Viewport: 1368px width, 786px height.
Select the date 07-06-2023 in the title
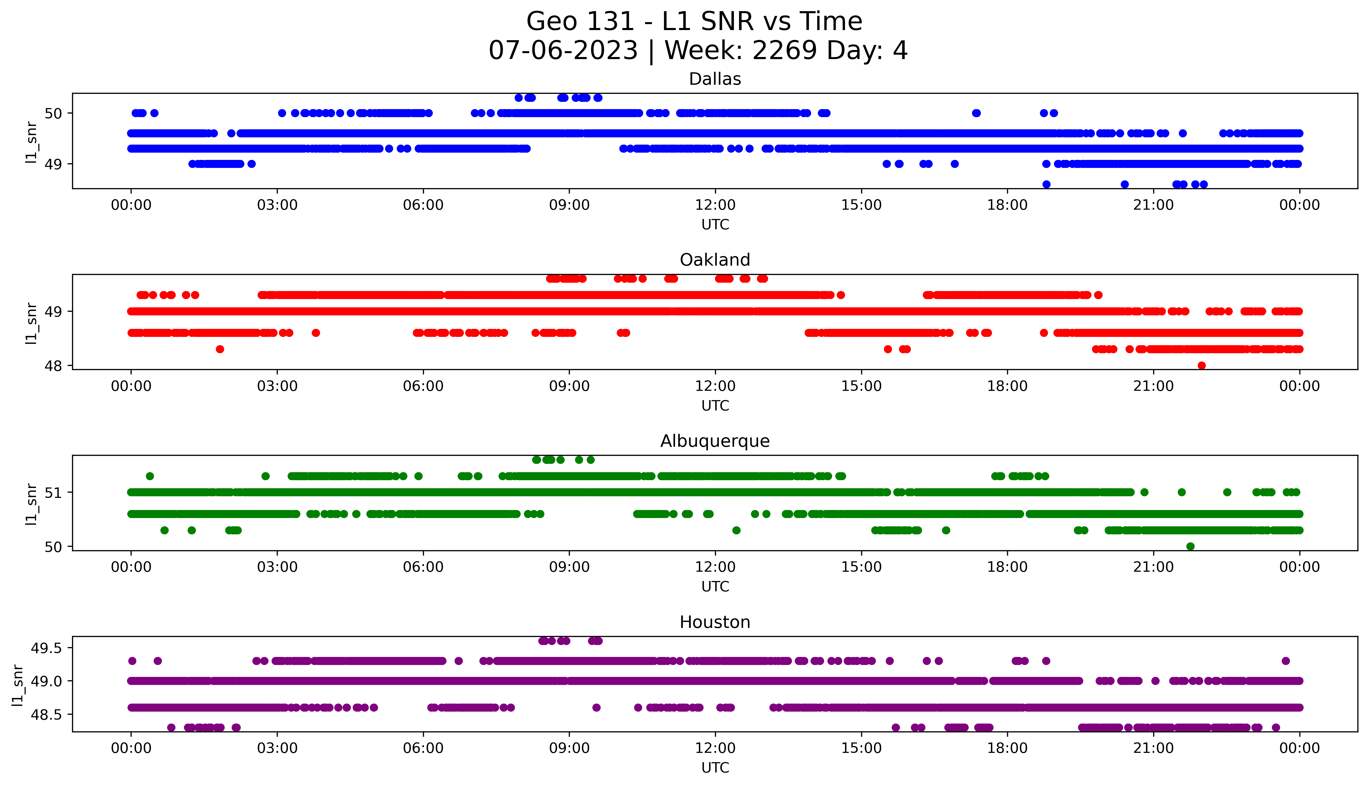click(x=563, y=51)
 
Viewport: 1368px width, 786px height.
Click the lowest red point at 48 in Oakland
click(x=1201, y=365)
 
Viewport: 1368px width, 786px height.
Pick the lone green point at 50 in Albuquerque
click(x=1190, y=546)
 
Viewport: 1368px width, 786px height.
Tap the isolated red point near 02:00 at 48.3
click(x=220, y=349)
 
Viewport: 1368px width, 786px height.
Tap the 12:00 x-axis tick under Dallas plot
click(x=715, y=205)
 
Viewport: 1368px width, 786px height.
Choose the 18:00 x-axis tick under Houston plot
click(x=1007, y=748)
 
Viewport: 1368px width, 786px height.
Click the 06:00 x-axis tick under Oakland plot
click(x=423, y=386)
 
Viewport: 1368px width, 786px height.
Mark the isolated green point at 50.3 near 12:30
click(x=736, y=530)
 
